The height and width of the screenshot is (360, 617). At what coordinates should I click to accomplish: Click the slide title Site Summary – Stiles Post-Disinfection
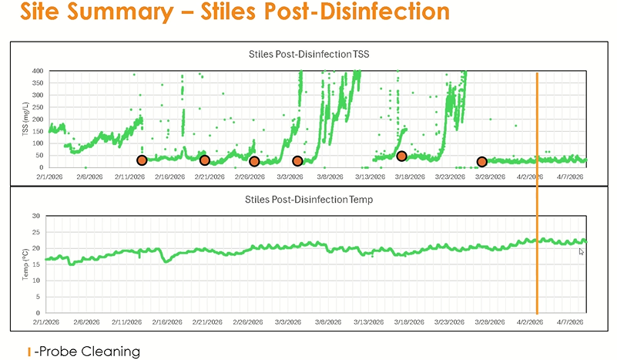click(x=223, y=13)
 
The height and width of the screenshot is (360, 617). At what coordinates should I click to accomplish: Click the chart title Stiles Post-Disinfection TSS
click(x=309, y=55)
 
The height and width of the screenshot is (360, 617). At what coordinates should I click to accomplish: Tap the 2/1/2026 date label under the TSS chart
click(x=49, y=177)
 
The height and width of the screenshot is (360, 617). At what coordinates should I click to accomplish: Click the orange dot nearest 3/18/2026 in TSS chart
click(x=401, y=156)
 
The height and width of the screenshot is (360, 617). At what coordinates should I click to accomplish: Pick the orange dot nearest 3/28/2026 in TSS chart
click(x=482, y=162)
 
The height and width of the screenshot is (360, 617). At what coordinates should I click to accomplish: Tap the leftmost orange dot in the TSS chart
click(x=142, y=160)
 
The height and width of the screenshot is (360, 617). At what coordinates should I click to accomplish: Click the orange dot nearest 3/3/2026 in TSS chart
click(x=297, y=161)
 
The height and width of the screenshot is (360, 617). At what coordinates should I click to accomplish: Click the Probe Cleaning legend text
click(x=87, y=351)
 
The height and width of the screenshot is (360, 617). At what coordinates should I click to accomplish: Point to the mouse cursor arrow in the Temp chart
click(x=582, y=251)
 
